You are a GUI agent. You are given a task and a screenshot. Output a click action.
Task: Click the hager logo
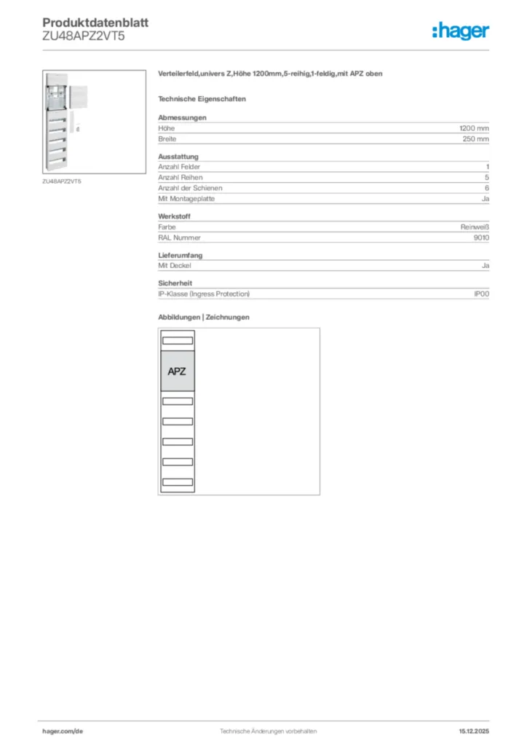(460, 31)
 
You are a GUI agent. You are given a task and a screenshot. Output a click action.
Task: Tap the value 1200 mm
(474, 128)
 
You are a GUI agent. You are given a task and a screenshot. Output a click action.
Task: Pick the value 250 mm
(475, 138)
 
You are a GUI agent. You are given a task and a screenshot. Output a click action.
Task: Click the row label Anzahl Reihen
(181, 177)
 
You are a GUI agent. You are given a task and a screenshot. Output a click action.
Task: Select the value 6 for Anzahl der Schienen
(486, 188)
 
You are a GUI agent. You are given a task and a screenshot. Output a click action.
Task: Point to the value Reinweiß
(475, 227)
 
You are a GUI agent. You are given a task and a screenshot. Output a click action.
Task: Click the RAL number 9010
(481, 237)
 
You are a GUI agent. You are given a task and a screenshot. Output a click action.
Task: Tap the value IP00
(481, 294)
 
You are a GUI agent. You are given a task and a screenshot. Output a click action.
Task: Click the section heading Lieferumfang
(180, 256)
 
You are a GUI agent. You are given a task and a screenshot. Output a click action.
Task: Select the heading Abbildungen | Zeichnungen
(204, 317)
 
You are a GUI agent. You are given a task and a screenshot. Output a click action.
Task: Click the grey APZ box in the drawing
(177, 371)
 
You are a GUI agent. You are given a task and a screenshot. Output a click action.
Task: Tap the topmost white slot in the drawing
(177, 340)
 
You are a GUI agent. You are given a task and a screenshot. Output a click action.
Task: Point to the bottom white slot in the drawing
(177, 482)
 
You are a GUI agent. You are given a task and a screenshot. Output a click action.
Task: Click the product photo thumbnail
(64, 122)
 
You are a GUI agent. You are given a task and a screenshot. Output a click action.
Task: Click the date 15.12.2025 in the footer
(474, 731)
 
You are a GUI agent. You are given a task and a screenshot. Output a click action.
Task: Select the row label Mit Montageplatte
(186, 199)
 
